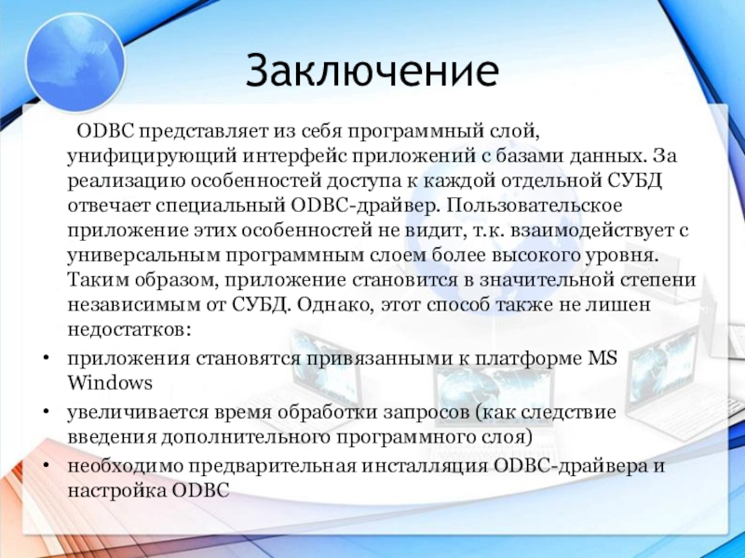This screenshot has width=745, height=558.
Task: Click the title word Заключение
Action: click(372, 70)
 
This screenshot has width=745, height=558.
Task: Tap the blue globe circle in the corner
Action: click(75, 62)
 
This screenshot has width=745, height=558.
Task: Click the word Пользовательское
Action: click(534, 206)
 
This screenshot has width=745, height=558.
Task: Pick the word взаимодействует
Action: click(587, 231)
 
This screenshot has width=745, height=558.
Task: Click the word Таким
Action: click(98, 280)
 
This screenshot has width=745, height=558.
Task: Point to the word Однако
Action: click(333, 305)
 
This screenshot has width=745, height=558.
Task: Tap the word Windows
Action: click(110, 382)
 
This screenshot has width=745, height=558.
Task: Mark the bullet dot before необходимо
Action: click(46, 465)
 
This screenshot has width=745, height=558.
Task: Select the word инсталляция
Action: click(425, 466)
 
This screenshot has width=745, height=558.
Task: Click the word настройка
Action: click(117, 490)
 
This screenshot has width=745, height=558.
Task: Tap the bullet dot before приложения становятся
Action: click(46, 358)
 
